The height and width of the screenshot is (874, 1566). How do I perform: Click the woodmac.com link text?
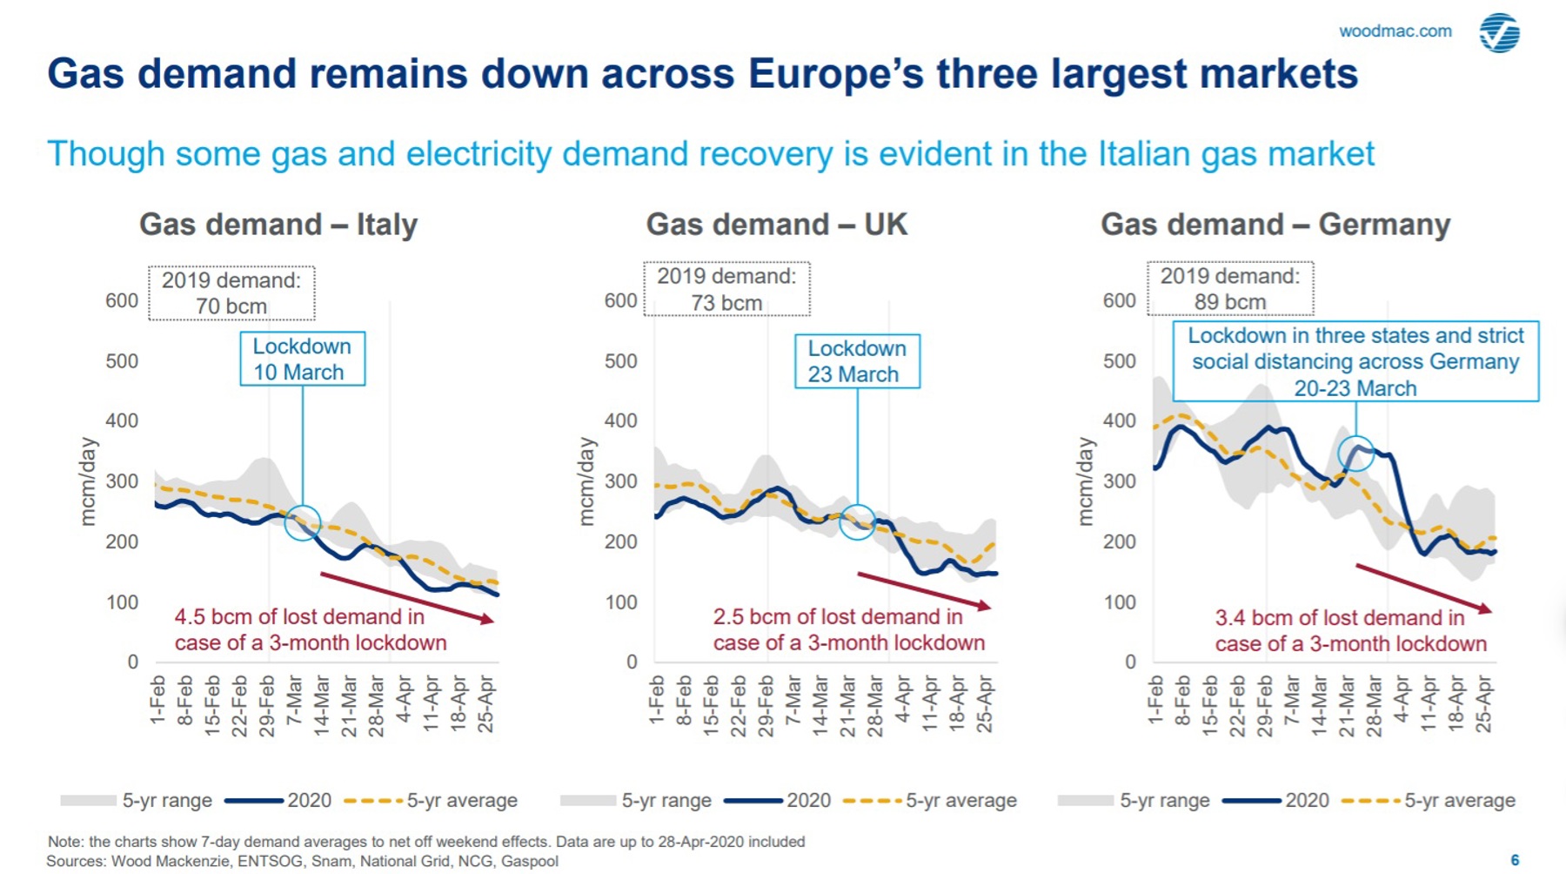tap(1395, 31)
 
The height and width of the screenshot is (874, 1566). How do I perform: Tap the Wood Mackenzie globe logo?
tap(1500, 33)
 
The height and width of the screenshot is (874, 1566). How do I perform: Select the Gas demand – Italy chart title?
tap(278, 225)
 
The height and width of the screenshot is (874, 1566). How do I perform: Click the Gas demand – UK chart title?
tap(776, 225)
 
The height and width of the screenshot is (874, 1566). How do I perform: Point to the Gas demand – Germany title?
tap(1275, 225)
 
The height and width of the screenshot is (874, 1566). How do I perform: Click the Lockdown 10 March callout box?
tap(302, 359)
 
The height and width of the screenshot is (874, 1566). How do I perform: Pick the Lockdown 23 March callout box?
tap(857, 361)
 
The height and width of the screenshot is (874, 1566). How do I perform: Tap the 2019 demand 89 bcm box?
tap(1229, 289)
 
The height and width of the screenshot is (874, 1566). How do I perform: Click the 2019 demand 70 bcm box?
tap(231, 293)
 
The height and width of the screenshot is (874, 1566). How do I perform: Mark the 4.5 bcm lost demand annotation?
tap(310, 629)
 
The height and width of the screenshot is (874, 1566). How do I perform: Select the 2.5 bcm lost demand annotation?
tap(848, 629)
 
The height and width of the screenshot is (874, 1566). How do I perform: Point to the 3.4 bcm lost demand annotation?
tap(1350, 630)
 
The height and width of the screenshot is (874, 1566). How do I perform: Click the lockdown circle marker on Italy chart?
tap(303, 522)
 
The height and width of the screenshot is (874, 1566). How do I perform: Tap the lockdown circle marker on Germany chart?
tap(1355, 453)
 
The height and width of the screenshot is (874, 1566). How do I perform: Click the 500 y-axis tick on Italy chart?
tap(122, 360)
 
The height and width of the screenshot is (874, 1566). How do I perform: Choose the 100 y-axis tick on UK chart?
tap(620, 602)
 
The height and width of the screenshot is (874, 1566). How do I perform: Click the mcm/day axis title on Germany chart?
tap(1084, 481)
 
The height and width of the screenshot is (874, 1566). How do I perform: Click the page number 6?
tap(1515, 860)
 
